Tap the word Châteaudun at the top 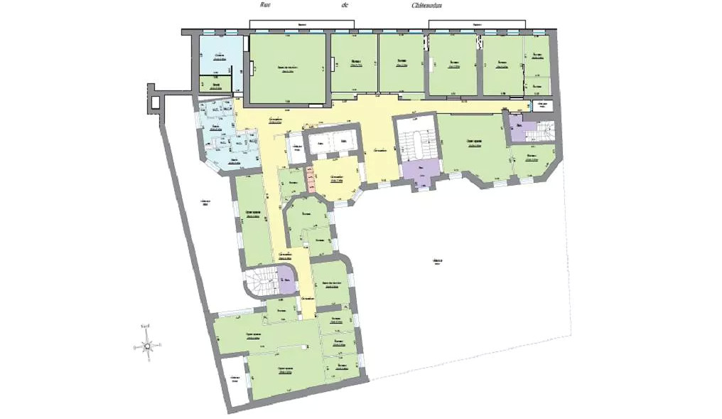[x=427, y=4]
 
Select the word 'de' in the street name [x=345, y=4]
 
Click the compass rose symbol [x=147, y=346]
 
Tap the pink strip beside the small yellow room [x=311, y=179]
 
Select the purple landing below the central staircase [x=421, y=170]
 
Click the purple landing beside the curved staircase [x=286, y=279]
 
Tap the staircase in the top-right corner [x=545, y=132]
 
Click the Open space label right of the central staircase [x=474, y=142]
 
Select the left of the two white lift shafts [x=321, y=142]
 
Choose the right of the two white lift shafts [x=344, y=142]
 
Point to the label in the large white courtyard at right [x=436, y=262]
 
